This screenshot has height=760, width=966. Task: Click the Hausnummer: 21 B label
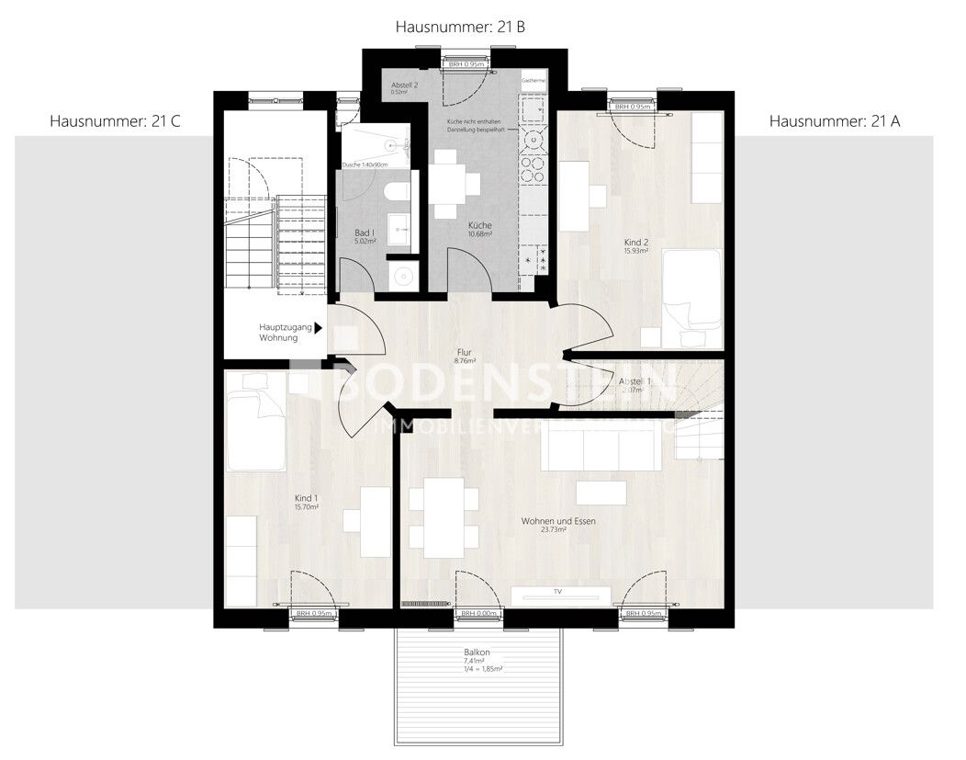coord(460,28)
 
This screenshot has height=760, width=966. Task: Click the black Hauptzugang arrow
coord(319,327)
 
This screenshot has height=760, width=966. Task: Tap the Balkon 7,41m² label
coord(477,657)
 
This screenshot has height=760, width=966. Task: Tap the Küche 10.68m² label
coord(479,230)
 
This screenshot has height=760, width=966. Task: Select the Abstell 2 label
coord(404,87)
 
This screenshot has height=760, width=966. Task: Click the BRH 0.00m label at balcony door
coord(478,614)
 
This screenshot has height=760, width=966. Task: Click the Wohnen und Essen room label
coord(558,526)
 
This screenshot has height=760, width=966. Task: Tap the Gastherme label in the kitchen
coord(534,81)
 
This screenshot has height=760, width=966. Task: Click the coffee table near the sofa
coord(601,492)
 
